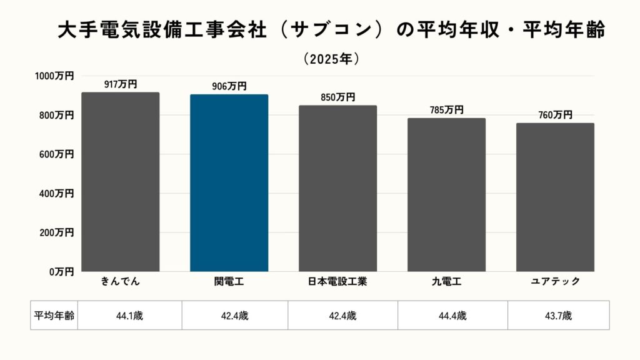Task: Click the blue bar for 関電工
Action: [x=229, y=182]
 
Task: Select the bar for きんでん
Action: [x=120, y=181]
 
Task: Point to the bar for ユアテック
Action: [x=555, y=197]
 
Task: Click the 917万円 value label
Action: [x=120, y=84]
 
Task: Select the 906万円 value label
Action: [x=229, y=87]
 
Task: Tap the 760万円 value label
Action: [x=555, y=115]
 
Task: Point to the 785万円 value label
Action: [x=446, y=110]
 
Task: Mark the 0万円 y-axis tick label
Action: [x=61, y=272]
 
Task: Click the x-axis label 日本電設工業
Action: [x=337, y=282]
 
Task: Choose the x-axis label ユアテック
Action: [x=555, y=282]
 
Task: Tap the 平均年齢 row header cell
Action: [x=53, y=316]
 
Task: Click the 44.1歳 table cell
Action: [x=129, y=316]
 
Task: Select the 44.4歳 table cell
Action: [x=452, y=316]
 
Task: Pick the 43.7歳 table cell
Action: [x=558, y=316]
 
